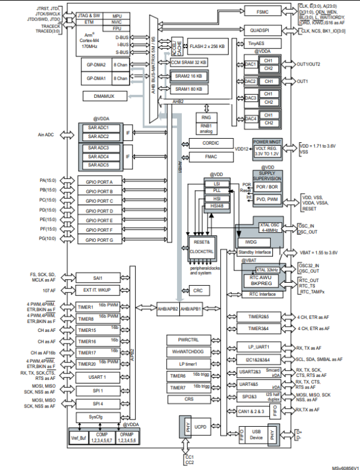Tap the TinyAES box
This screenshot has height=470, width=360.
point(256,44)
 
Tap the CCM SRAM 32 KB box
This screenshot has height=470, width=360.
point(188,62)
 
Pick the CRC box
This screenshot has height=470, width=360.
point(198,291)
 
